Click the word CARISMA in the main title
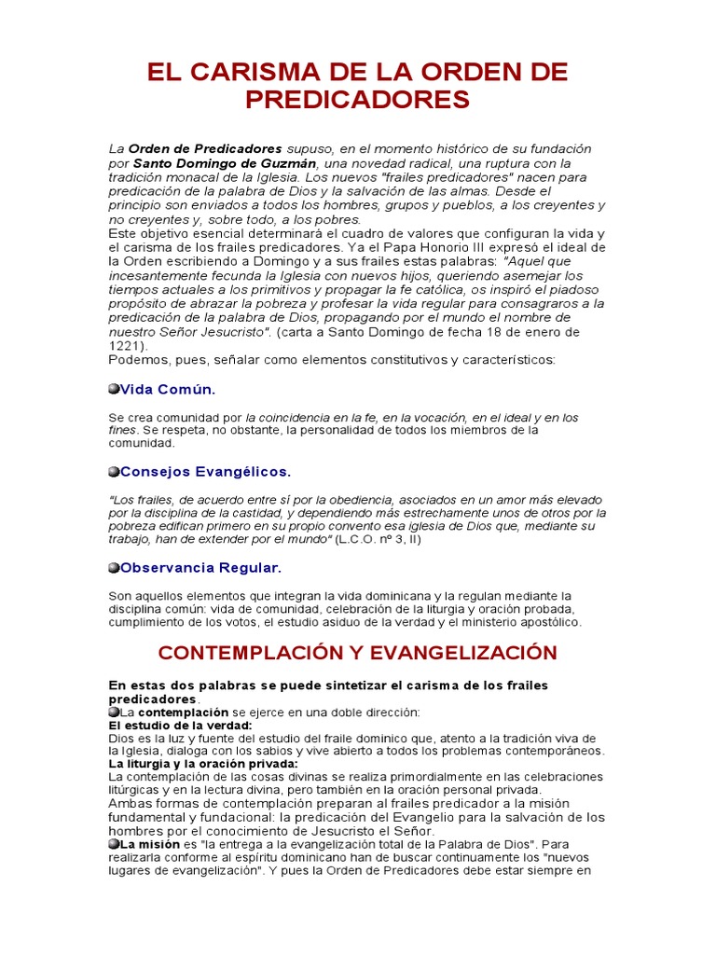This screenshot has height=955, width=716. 255,73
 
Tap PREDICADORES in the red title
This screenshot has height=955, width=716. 357,100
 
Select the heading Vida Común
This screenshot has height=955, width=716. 167,389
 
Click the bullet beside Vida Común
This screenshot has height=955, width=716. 114,389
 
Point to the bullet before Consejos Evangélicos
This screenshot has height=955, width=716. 114,471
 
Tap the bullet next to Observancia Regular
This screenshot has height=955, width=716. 114,567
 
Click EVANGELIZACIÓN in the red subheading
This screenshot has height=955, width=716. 461,653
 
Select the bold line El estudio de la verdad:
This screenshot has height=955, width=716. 181,725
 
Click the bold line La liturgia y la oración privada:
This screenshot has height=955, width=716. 202,764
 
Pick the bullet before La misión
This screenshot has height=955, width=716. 114,843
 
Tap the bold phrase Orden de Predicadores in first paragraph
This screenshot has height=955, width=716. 205,149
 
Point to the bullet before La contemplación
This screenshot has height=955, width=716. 114,713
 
